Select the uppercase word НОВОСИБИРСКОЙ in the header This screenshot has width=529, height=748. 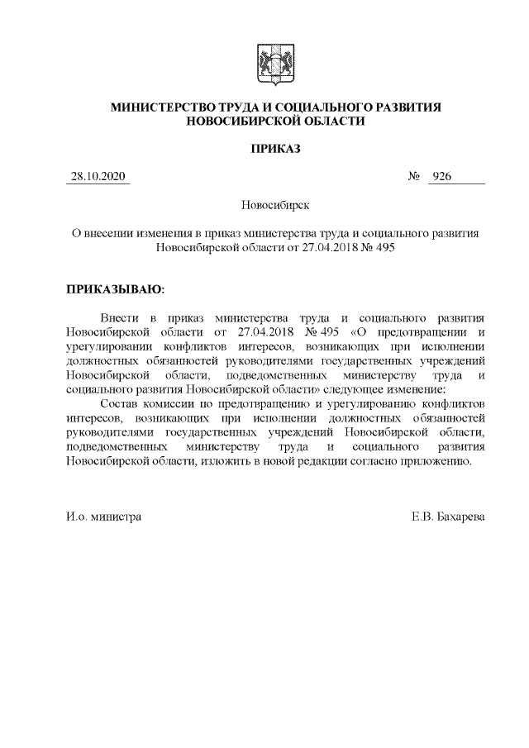238,121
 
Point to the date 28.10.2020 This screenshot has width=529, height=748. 98,177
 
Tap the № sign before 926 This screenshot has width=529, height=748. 415,177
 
